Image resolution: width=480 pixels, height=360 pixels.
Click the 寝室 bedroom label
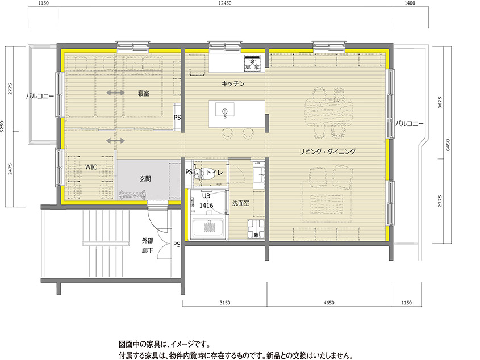[x=143, y=94]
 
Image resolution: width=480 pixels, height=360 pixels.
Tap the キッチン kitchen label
[x=233, y=84]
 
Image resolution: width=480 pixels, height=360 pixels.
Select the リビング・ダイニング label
[x=328, y=152]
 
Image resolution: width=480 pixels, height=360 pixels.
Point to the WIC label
[x=91, y=168]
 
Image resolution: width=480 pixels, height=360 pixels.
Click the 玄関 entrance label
[x=145, y=178]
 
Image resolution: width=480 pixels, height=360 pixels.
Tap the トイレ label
[x=214, y=172]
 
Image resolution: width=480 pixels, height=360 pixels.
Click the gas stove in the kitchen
[x=253, y=62]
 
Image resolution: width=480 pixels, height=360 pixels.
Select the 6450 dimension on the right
[x=448, y=145]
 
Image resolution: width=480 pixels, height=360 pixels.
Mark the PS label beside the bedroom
[x=177, y=118]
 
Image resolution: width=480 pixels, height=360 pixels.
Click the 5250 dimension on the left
[x=3, y=128]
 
